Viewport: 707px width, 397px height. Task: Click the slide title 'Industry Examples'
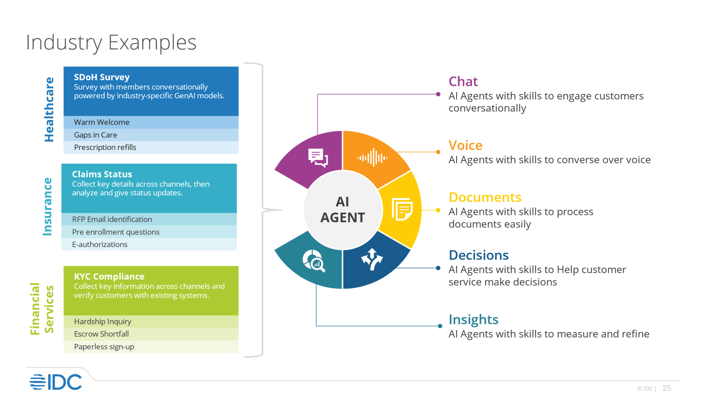click(x=111, y=43)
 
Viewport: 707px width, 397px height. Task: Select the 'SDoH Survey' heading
click(x=102, y=77)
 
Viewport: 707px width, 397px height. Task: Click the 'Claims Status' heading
click(x=102, y=174)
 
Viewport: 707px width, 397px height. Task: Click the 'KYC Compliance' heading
click(x=109, y=277)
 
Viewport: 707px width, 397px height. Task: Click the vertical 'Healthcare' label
click(x=49, y=110)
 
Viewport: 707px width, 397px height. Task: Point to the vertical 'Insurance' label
click(x=47, y=207)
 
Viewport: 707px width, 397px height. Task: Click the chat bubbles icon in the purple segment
click(x=318, y=158)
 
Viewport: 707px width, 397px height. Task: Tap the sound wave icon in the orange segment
click(x=372, y=158)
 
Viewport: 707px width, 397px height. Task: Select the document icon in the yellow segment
click(x=402, y=209)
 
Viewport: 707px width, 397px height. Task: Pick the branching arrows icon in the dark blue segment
click(x=372, y=259)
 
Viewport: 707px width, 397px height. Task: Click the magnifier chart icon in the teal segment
click(x=314, y=261)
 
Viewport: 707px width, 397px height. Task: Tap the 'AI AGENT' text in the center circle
click(x=342, y=210)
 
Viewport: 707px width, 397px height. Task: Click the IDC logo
click(x=56, y=382)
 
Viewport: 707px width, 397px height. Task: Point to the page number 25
click(x=667, y=388)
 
